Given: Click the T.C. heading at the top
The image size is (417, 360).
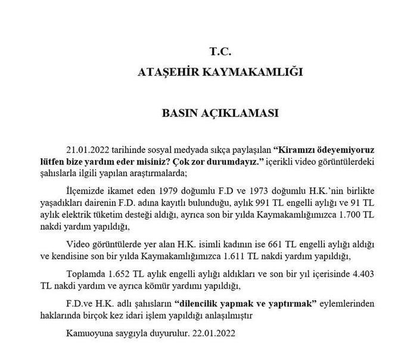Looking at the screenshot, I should [220, 51].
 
